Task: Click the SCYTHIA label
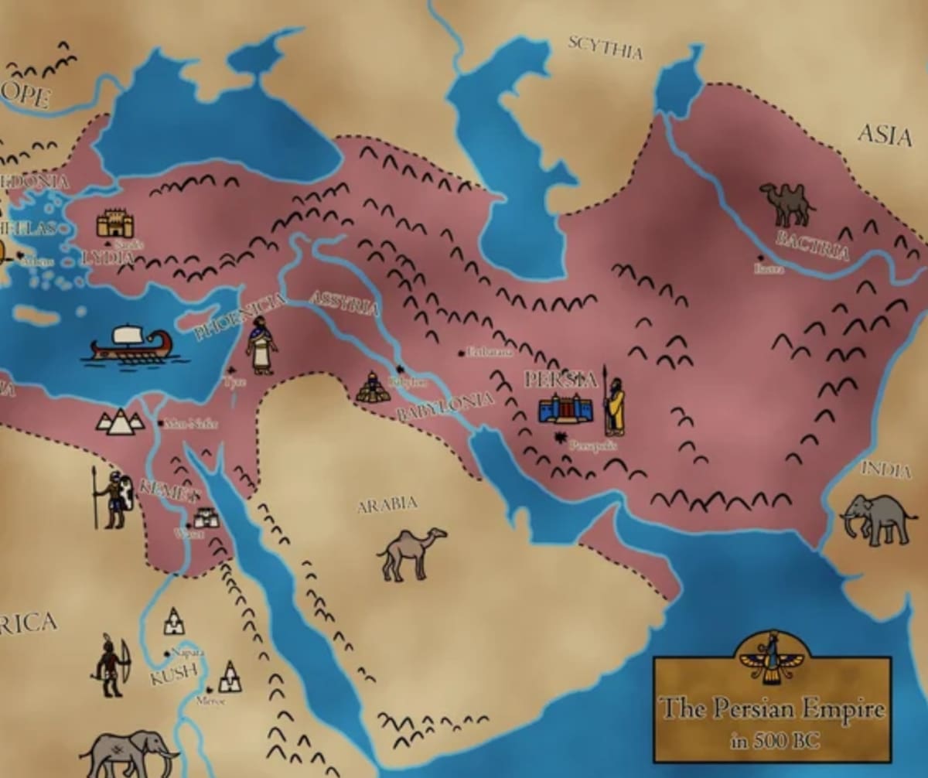pyautogui.click(x=606, y=47)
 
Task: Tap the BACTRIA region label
pyautogui.click(x=813, y=245)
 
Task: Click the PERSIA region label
pyautogui.click(x=561, y=380)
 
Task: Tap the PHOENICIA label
pyautogui.click(x=240, y=317)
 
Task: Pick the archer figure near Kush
pyautogui.click(x=110, y=665)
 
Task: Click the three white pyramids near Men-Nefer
pyautogui.click(x=119, y=421)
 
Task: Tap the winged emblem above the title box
pyautogui.click(x=771, y=658)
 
